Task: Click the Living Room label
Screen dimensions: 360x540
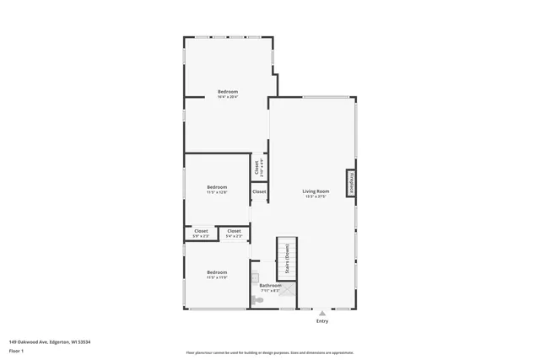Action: (x=316, y=191)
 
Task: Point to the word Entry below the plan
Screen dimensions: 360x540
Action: (x=322, y=321)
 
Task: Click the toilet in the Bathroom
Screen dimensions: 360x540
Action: (x=256, y=299)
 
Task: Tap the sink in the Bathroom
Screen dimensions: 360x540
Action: (x=255, y=277)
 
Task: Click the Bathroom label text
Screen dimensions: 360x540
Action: (x=270, y=286)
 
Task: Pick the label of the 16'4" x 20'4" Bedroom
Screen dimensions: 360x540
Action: (x=228, y=91)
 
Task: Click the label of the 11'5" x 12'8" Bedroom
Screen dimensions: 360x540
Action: (x=217, y=186)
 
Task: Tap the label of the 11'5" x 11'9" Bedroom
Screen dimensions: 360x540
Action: (x=217, y=272)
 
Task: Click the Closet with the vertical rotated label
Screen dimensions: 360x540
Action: (x=258, y=167)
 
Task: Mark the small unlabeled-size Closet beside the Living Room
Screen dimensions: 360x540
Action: (x=259, y=192)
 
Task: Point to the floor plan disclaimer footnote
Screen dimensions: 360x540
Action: (x=269, y=353)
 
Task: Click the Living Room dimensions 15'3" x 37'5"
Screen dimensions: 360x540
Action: (x=316, y=197)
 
